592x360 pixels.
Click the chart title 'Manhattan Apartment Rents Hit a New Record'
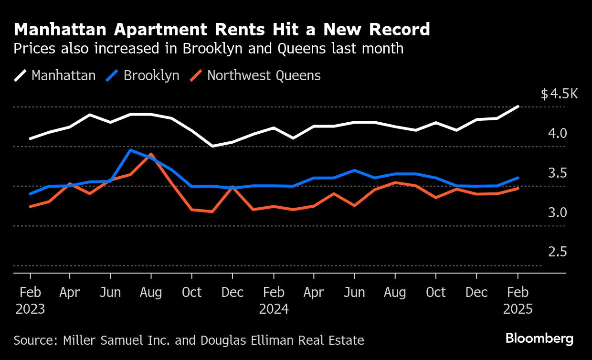[x=222, y=30]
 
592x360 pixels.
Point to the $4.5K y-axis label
[x=559, y=94]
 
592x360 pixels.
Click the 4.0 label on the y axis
[x=557, y=133]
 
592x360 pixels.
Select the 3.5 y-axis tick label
[x=557, y=173]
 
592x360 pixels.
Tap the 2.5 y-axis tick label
[x=557, y=252]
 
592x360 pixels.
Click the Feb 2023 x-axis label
[x=30, y=300]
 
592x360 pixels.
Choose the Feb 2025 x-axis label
[x=518, y=300]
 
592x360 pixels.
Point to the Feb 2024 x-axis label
[x=274, y=300]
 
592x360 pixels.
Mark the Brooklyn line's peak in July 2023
[x=131, y=150]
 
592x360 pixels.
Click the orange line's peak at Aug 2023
[x=151, y=154]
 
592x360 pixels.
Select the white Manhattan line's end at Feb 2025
[x=518, y=106]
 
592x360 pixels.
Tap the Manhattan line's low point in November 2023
[x=212, y=146]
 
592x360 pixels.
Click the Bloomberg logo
[x=539, y=339]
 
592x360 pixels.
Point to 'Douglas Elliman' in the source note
[x=248, y=340]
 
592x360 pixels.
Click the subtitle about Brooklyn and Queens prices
[x=209, y=49]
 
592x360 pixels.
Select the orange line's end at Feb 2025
[x=518, y=188]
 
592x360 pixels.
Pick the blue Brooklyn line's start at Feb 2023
[x=31, y=194]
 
